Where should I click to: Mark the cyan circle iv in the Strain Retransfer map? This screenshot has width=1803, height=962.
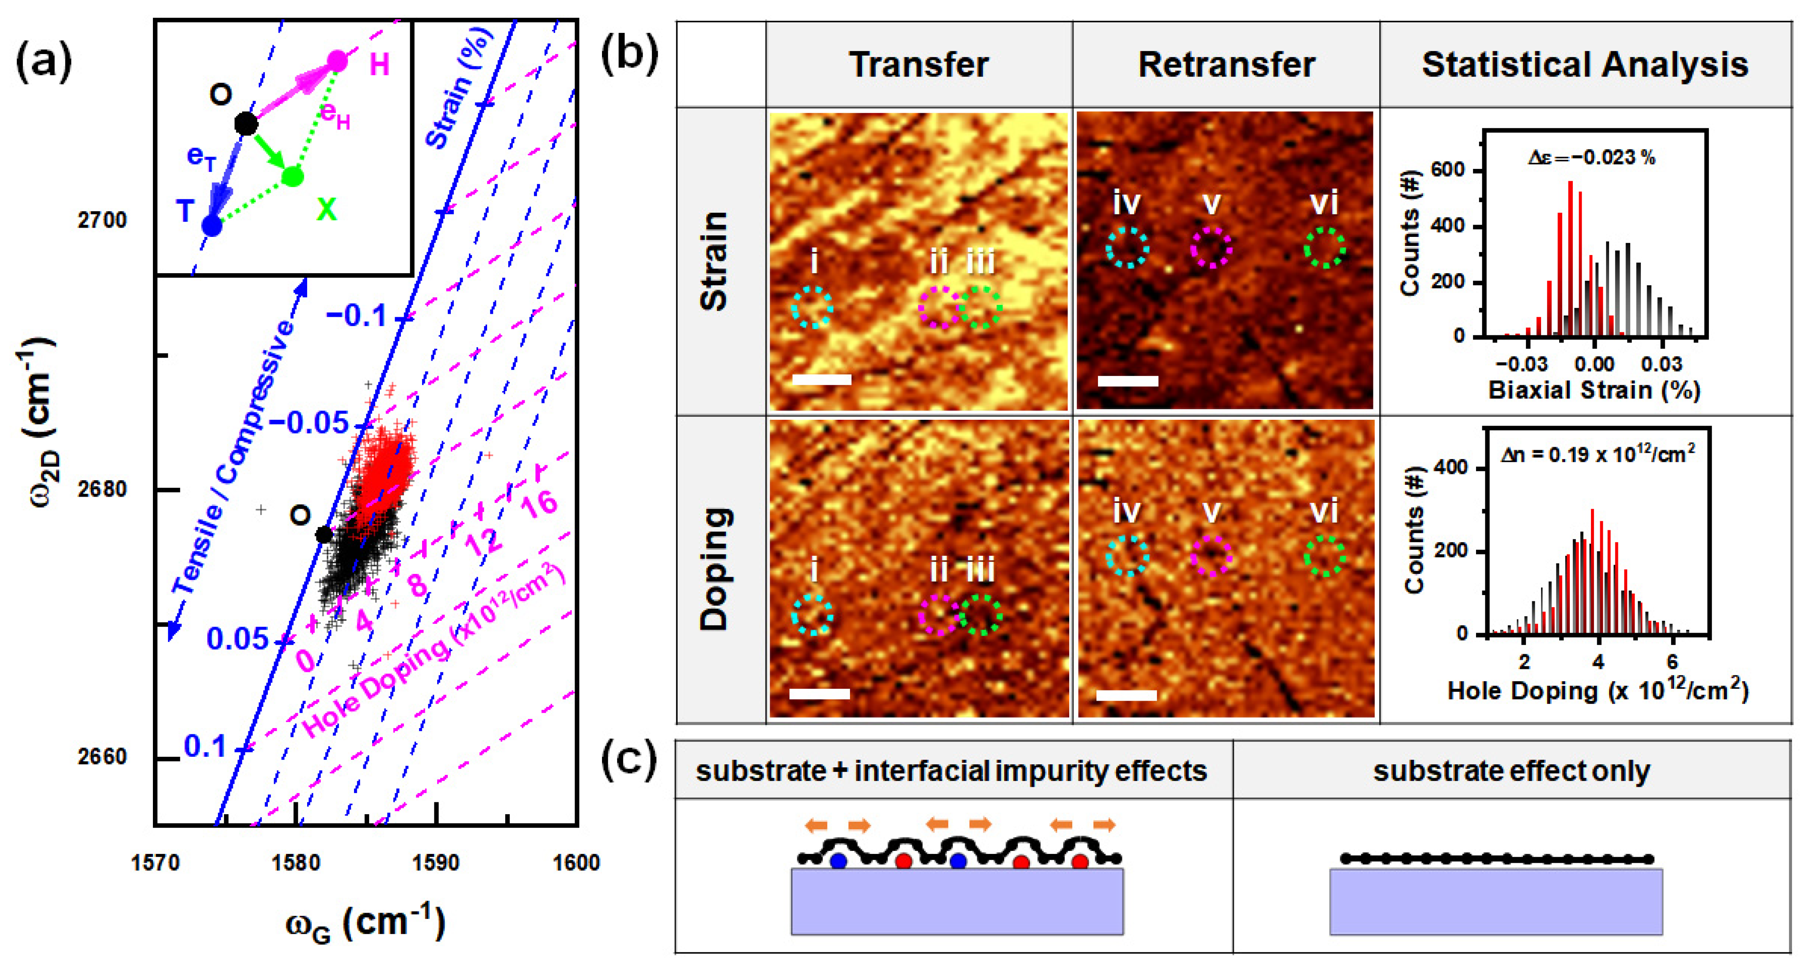pyautogui.click(x=1127, y=247)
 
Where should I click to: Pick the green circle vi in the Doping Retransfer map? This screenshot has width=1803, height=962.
pyautogui.click(x=1324, y=556)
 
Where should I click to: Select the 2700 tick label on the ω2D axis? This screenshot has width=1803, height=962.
pyautogui.click(x=102, y=220)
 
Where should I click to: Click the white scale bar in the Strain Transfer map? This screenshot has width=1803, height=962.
pyautogui.click(x=822, y=380)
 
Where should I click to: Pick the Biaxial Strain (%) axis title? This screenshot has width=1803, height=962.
pyautogui.click(x=1594, y=390)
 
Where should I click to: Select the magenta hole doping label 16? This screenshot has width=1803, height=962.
pyautogui.click(x=539, y=503)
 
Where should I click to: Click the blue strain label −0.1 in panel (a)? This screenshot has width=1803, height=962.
pyautogui.click(x=357, y=316)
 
